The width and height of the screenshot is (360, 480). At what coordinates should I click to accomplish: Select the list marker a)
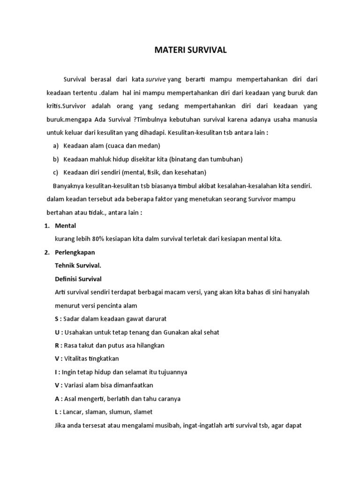(56, 145)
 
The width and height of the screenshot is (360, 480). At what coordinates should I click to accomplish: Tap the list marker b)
(56, 159)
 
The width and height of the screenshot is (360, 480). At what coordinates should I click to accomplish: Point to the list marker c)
(56, 172)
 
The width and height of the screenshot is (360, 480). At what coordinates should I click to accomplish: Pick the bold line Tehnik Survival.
(78, 265)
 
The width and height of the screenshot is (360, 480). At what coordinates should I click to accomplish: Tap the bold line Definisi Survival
(78, 279)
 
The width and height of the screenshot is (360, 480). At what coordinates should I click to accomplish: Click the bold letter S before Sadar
(57, 319)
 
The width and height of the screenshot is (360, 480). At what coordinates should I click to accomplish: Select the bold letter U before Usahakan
(57, 332)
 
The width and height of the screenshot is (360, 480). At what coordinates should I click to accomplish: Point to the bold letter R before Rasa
(57, 345)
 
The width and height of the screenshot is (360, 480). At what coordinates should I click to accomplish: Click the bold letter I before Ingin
(56, 372)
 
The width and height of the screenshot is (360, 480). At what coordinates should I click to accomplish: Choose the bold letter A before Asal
(57, 398)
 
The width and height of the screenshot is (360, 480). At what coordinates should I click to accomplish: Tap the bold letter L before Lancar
(56, 412)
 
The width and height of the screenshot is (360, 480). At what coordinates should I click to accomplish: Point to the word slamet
(142, 412)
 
